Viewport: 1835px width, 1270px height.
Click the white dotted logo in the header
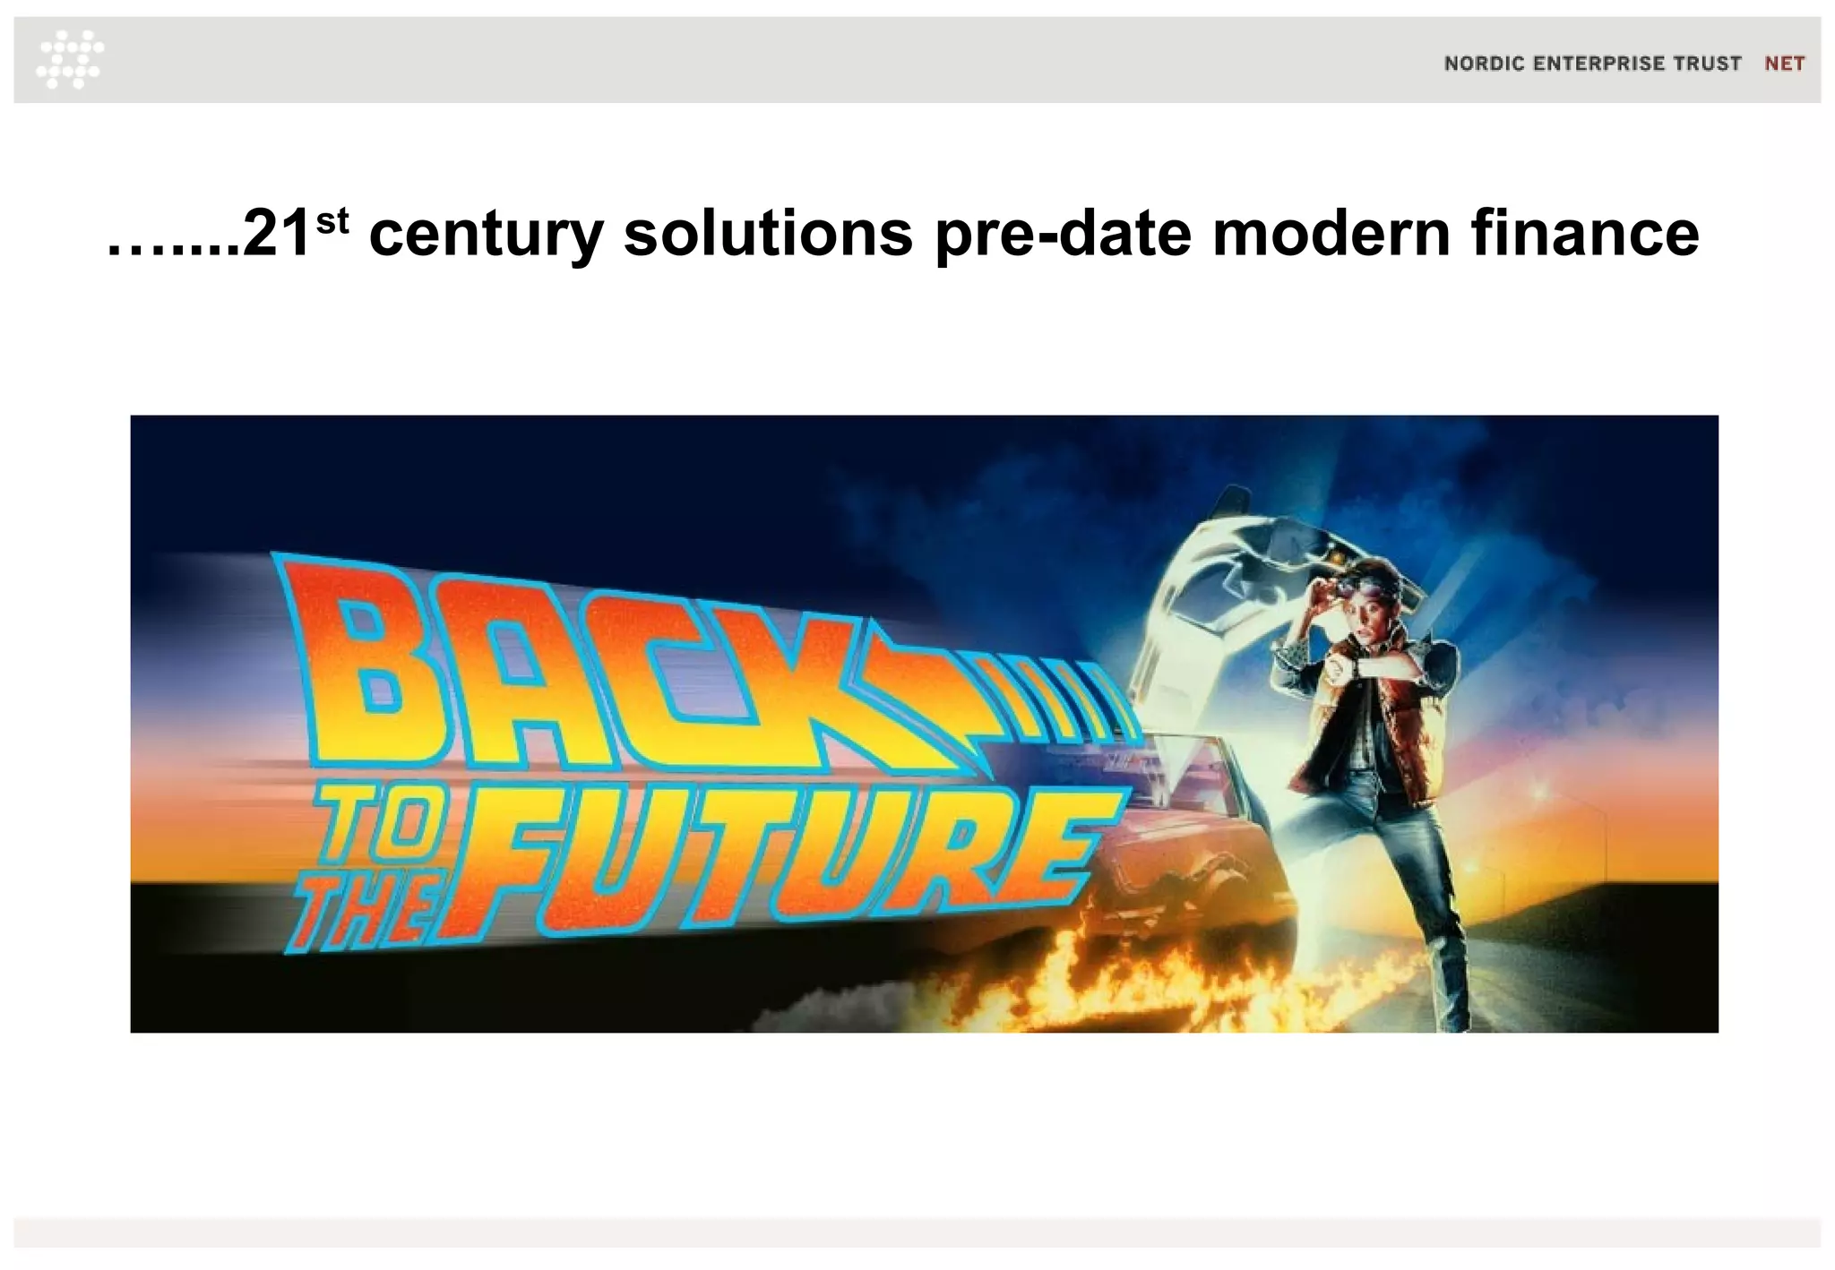tap(70, 59)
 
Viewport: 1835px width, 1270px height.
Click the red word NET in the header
tap(1784, 64)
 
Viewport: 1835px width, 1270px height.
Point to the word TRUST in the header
tap(1709, 64)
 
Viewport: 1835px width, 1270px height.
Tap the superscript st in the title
tap(332, 219)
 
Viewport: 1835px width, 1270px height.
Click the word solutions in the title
tap(768, 235)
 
